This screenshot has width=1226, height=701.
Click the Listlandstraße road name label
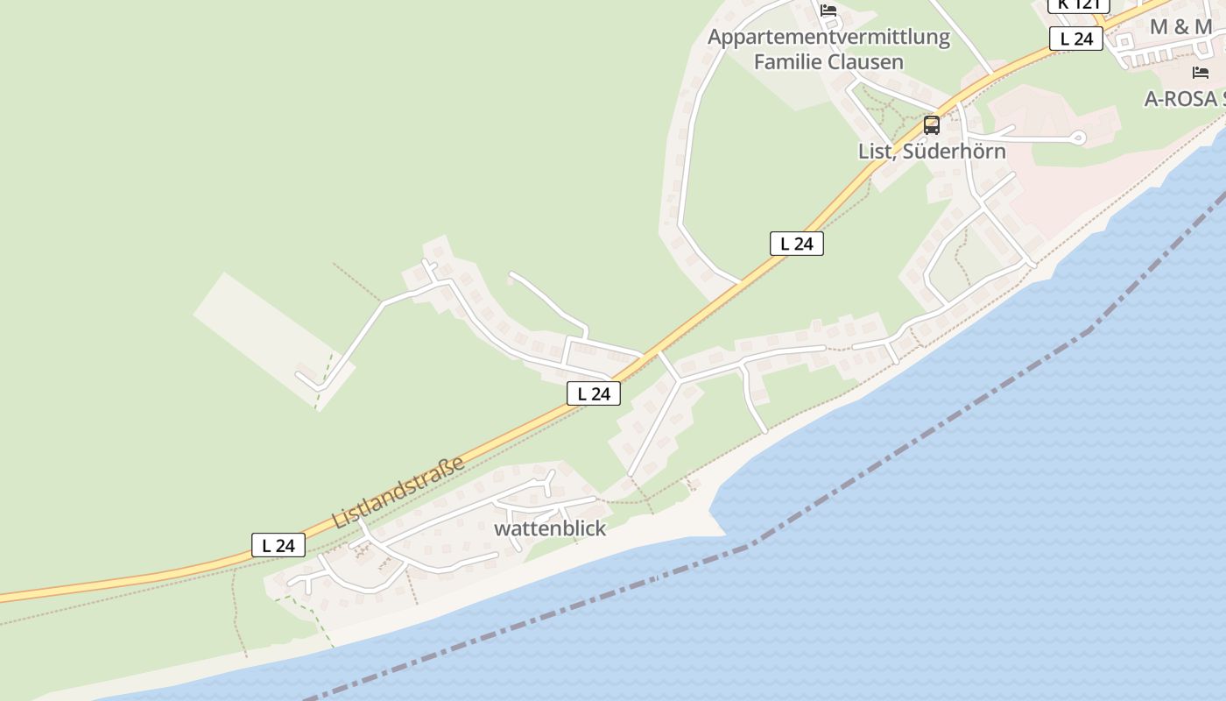click(398, 492)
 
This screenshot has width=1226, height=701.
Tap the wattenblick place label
click(550, 528)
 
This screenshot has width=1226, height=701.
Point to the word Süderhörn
click(954, 151)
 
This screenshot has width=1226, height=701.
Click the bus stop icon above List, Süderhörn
click(932, 125)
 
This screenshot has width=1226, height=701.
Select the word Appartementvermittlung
click(828, 37)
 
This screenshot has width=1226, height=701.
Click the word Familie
click(790, 61)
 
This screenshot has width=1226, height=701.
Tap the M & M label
click(1180, 26)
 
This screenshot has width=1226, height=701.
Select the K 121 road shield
click(1078, 4)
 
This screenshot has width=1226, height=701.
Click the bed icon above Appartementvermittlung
click(828, 11)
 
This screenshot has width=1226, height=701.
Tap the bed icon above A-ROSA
click(1201, 73)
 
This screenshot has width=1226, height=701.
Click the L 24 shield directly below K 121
click(1076, 39)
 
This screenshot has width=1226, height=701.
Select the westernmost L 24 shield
click(278, 545)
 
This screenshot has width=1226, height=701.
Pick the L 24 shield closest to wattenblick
click(594, 393)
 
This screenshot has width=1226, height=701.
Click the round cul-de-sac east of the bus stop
click(1078, 137)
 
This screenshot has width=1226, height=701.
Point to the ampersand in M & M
click(1180, 26)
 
